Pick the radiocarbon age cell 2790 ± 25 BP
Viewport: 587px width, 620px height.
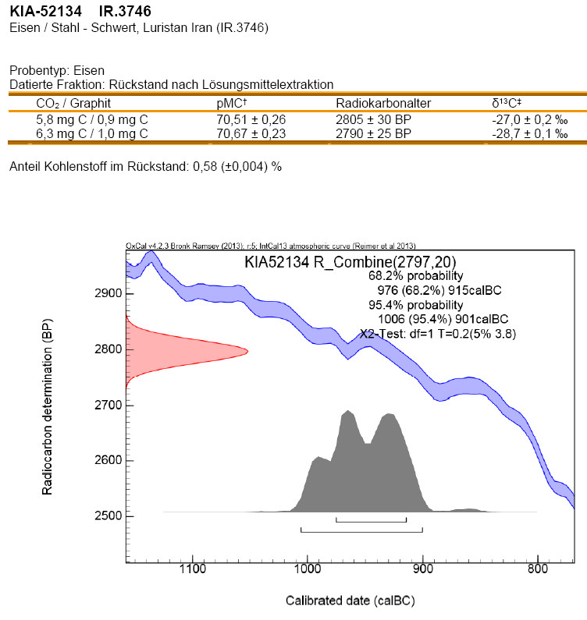[373, 134]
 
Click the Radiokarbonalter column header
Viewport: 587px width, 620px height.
[383, 103]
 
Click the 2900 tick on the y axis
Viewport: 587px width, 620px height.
[105, 294]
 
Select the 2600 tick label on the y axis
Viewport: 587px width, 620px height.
[105, 460]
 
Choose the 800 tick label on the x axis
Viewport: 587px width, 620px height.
[538, 570]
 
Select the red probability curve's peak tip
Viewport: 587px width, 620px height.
[247, 351]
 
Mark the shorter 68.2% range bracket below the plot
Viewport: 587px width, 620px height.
[371, 520]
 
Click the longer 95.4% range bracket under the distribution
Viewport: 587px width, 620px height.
[361, 531]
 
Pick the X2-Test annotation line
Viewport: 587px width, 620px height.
[438, 333]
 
